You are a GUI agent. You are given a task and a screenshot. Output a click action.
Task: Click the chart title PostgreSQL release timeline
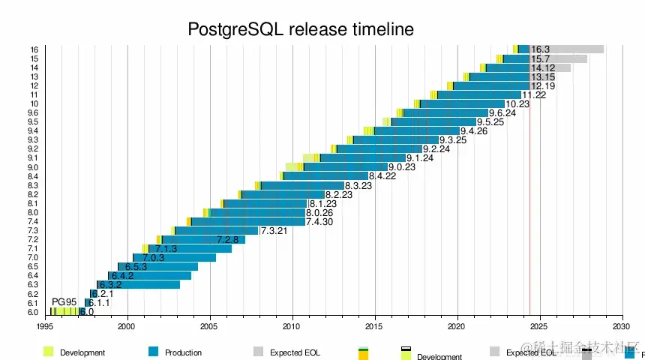click(300, 29)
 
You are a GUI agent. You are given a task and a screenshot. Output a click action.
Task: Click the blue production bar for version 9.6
click(445, 112)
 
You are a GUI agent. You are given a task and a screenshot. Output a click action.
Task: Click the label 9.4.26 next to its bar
click(474, 131)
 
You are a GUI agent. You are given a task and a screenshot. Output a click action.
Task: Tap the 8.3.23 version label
click(358, 185)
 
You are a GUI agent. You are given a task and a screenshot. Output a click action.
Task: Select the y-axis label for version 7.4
click(33, 221)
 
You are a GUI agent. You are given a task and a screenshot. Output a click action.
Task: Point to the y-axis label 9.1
click(33, 158)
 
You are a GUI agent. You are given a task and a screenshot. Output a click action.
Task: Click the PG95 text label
click(64, 301)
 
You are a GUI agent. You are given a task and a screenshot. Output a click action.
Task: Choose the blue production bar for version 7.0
click(175, 257)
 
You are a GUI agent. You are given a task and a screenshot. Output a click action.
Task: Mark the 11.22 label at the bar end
click(534, 94)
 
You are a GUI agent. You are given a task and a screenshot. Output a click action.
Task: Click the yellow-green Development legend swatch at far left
click(49, 352)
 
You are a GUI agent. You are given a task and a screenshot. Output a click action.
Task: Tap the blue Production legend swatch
click(154, 352)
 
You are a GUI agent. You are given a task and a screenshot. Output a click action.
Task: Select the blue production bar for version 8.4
click(325, 176)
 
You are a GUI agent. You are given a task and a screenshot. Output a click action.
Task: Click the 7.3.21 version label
click(274, 230)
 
